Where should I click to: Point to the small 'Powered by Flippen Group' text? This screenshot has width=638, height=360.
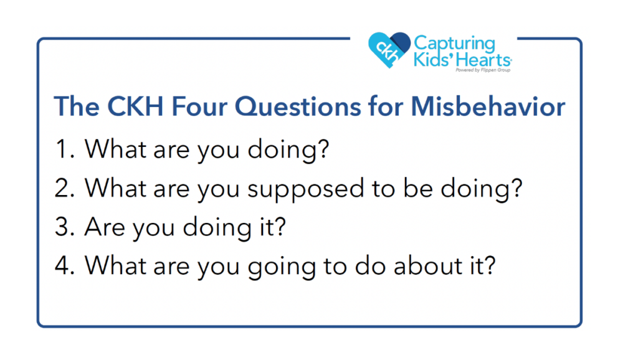[x=483, y=70]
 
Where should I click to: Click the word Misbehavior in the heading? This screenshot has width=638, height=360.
[x=488, y=107]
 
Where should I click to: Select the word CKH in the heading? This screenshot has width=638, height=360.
[x=135, y=107]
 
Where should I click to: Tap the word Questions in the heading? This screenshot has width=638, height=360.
[x=298, y=107]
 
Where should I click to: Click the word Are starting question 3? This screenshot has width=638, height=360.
[x=105, y=227]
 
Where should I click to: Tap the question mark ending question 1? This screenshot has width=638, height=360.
[x=323, y=148]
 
